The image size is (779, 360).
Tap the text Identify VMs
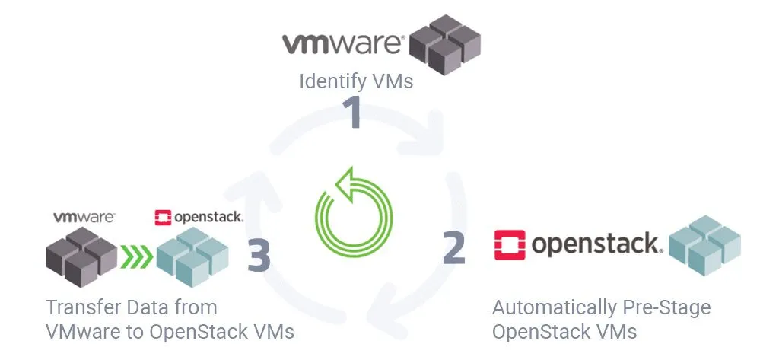click(x=356, y=81)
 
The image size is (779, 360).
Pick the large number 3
click(x=259, y=256)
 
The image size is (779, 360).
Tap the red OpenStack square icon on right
click(x=510, y=244)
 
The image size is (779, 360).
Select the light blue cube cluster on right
click(x=704, y=244)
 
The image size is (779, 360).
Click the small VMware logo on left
click(x=84, y=217)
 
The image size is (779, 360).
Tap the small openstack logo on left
click(x=199, y=218)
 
